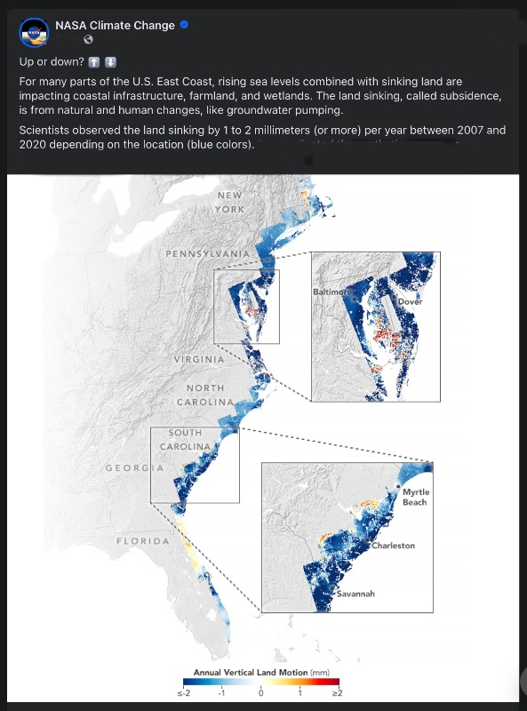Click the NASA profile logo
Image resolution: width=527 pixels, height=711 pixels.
(35, 32)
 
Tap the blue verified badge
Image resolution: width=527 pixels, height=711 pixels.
(184, 26)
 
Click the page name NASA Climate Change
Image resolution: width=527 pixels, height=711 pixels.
(115, 26)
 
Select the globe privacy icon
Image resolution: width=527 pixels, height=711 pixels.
(88, 40)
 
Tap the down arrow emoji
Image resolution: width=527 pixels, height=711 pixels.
(110, 62)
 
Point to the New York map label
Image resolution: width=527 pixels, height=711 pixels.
(229, 202)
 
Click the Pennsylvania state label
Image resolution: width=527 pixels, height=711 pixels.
(208, 254)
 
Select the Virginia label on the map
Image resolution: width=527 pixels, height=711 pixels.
(198, 359)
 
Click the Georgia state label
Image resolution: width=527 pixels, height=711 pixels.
(134, 467)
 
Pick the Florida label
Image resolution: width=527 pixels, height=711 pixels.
(143, 541)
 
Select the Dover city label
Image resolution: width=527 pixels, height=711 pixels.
(410, 301)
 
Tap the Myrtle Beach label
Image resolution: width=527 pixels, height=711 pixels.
(414, 497)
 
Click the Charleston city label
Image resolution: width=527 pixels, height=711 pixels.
(393, 546)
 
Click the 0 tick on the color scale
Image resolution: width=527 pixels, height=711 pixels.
(261, 692)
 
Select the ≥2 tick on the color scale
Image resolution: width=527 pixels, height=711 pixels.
(337, 692)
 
